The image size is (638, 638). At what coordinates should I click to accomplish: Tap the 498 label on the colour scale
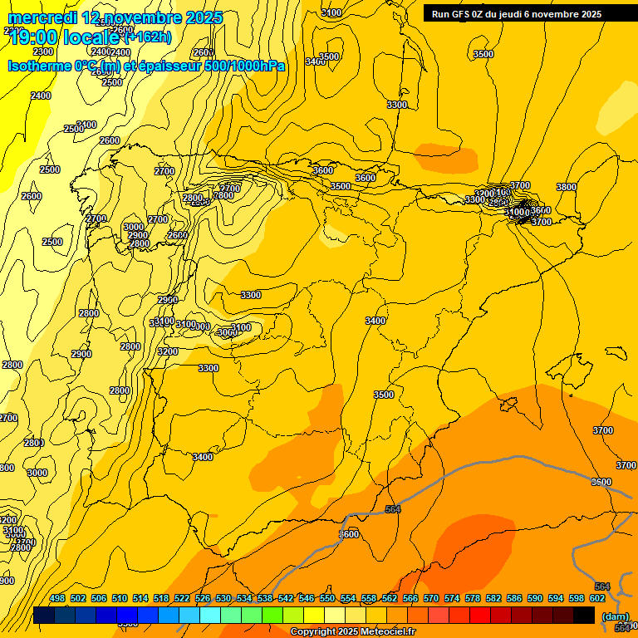(57, 598)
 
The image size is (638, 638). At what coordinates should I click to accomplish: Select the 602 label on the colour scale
(597, 598)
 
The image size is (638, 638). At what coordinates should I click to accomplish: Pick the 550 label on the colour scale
(327, 598)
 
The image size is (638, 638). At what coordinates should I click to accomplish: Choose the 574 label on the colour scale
(452, 598)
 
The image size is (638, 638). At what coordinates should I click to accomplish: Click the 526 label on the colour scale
(203, 598)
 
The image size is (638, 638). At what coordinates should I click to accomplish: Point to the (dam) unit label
(615, 616)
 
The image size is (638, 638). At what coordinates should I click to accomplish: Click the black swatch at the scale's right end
(584, 615)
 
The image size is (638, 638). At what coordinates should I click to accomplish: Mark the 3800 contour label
(566, 188)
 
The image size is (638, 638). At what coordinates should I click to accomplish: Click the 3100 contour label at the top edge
(331, 12)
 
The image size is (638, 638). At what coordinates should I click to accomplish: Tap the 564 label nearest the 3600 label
(393, 509)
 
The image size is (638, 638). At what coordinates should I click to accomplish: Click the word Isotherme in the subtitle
(40, 66)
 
